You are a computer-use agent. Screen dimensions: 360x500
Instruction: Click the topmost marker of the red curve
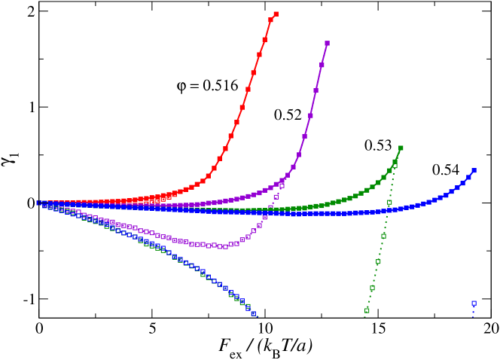[x=276, y=14]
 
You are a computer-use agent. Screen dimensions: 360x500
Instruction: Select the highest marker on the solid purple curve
[x=327, y=44]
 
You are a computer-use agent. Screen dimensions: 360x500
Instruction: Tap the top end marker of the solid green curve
[x=401, y=148]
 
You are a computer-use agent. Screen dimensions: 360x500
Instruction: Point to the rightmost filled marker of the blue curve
[x=474, y=171]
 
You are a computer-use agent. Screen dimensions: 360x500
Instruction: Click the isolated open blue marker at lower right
[x=474, y=304]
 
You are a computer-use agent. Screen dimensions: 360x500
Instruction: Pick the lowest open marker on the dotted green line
[x=367, y=310]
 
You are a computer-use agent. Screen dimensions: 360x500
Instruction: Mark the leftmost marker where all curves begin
[x=38, y=203]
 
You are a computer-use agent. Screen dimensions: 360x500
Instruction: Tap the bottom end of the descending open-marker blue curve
[x=254, y=313]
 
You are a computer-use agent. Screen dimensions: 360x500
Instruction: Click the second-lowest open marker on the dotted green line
[x=372, y=288]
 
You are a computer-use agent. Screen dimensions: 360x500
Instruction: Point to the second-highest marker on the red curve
[x=270, y=20]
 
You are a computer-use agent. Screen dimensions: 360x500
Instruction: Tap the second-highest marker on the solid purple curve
[x=322, y=65]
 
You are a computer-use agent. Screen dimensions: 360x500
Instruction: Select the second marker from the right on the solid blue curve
[x=469, y=176]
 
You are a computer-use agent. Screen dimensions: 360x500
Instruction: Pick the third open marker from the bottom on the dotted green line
[x=378, y=262]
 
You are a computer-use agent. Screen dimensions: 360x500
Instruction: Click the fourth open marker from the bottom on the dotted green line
[x=383, y=236]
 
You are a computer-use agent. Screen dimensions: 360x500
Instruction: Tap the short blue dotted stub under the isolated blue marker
[x=474, y=313]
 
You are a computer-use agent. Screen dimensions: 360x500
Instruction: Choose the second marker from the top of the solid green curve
[x=395, y=160]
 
